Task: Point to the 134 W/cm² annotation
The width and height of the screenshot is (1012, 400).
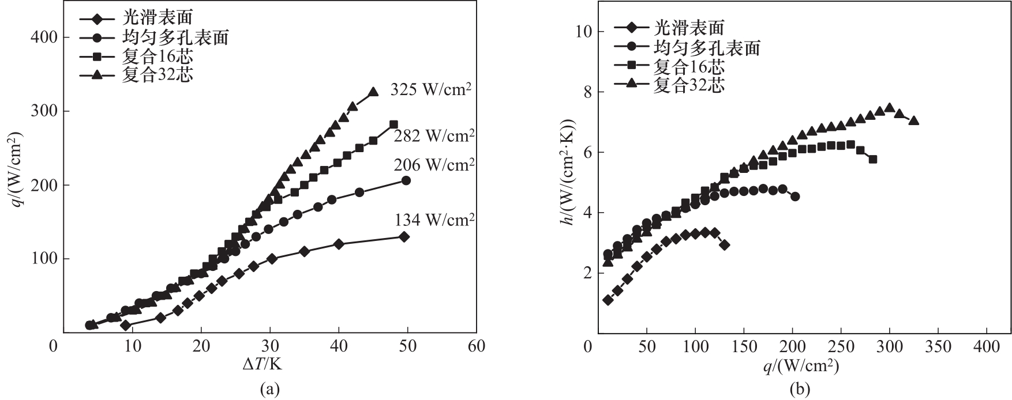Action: (x=434, y=220)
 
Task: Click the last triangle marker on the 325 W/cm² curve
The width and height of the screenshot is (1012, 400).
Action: (x=373, y=92)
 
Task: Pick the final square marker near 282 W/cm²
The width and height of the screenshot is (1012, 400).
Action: (x=393, y=124)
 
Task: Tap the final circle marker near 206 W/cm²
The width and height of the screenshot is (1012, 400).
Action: (x=406, y=180)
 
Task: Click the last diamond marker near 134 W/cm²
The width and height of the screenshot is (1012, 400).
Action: (x=404, y=236)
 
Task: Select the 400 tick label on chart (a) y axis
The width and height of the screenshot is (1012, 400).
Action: (x=42, y=37)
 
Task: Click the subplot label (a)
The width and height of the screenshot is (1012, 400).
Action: (x=269, y=390)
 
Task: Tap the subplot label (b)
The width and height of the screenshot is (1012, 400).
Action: (x=798, y=390)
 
